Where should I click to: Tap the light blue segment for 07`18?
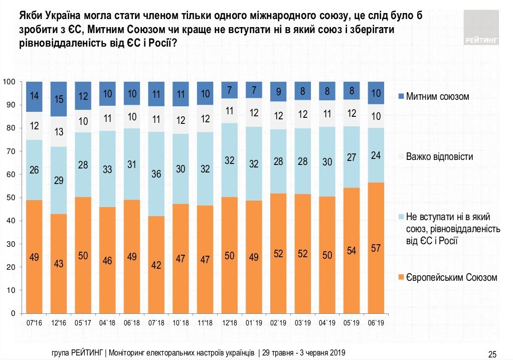[x=156, y=174]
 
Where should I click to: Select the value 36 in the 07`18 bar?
[x=156, y=174]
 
